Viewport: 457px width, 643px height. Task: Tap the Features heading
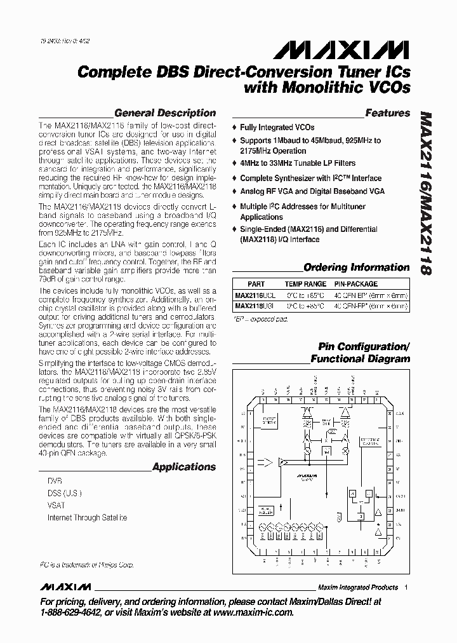(x=387, y=113)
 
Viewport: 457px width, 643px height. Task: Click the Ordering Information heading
(x=356, y=267)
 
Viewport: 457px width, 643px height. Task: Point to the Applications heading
(x=183, y=467)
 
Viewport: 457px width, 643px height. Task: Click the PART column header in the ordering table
(x=256, y=284)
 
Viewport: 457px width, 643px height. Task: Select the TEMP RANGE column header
(x=305, y=284)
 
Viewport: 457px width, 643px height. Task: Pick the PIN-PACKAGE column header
(x=355, y=284)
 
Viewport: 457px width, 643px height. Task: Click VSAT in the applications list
(x=56, y=505)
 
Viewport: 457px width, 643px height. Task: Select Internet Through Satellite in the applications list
(x=87, y=517)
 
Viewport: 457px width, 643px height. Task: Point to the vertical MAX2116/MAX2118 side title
(x=427, y=194)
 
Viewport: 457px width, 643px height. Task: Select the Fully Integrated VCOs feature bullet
(x=277, y=128)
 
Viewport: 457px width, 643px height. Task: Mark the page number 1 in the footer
(x=406, y=587)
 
